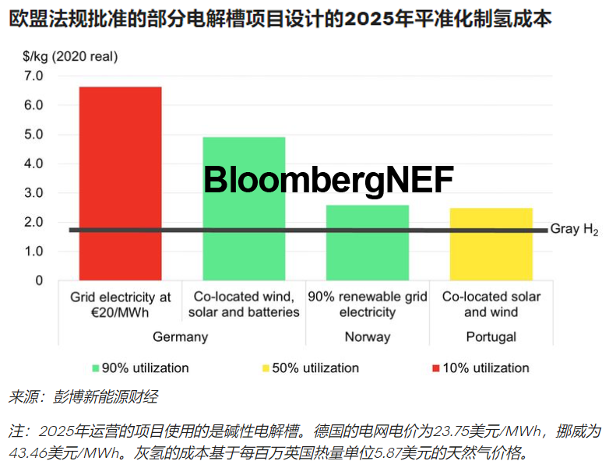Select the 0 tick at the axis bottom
click(39, 280)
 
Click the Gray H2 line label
click(574, 230)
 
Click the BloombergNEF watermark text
click(328, 181)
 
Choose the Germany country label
click(181, 336)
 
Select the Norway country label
click(367, 336)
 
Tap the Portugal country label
click(491, 336)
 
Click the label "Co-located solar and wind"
click(491, 304)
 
